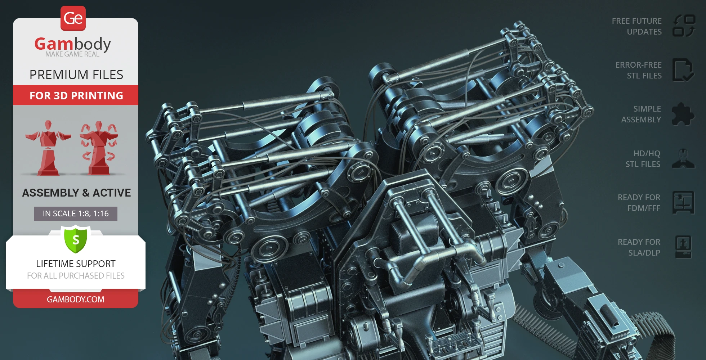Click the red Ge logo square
coord(73,18)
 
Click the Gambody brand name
coord(73,44)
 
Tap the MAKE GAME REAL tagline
coord(72,54)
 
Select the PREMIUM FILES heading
coord(76,75)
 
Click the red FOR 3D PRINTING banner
coord(76,95)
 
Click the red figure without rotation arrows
coord(48,148)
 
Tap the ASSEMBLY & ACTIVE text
coord(76,193)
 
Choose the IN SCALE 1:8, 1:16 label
coord(76,214)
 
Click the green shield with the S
coord(76,239)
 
